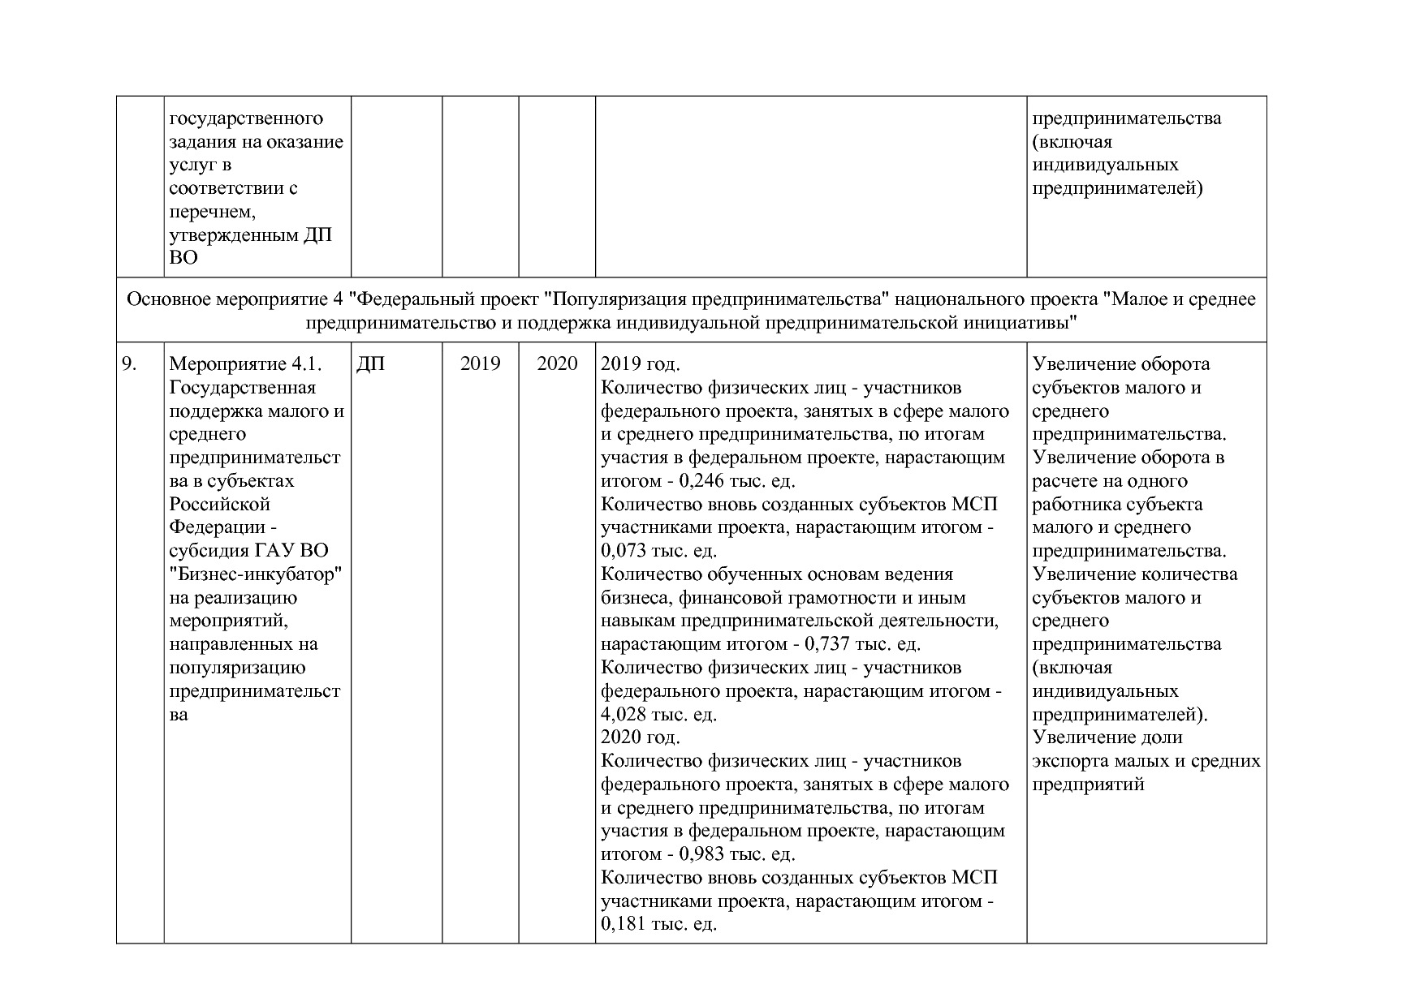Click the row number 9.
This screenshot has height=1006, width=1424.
point(129,364)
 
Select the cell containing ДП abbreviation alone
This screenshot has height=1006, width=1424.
point(370,364)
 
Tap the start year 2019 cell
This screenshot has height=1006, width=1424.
point(481,364)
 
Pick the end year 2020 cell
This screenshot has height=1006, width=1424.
point(557,364)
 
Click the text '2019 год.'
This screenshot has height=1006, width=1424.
point(641,364)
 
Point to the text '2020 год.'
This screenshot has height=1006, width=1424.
point(641,737)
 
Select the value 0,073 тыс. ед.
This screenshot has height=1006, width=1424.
point(658,551)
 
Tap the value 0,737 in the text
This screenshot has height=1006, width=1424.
point(827,644)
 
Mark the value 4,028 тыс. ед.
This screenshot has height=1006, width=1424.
point(658,715)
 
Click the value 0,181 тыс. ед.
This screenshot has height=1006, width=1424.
point(658,924)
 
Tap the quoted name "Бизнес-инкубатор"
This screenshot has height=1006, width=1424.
point(255,574)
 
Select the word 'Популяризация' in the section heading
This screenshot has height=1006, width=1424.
point(608,299)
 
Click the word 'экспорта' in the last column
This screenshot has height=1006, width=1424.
point(1068,761)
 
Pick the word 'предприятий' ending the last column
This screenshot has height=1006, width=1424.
point(1088,785)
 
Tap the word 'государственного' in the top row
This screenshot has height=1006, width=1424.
point(246,118)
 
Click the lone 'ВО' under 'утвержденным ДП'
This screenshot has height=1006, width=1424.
point(183,259)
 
